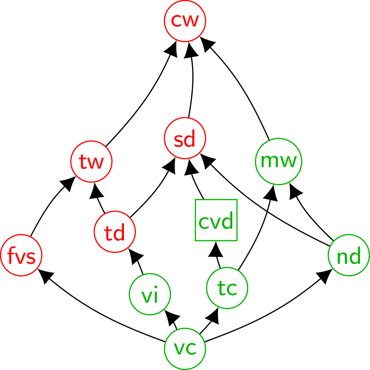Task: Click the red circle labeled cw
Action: (x=185, y=21)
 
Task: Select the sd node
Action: (x=185, y=138)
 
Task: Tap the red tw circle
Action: (x=92, y=162)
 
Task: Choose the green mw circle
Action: (x=278, y=162)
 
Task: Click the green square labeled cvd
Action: (x=216, y=220)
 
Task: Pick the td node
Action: (x=115, y=232)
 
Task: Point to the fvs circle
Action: (x=21, y=255)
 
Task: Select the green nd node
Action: (x=349, y=255)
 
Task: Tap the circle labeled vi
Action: (x=150, y=294)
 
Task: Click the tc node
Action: (x=227, y=288)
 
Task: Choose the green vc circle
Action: (x=185, y=349)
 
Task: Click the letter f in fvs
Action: (x=10, y=255)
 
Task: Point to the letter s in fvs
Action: (x=32, y=257)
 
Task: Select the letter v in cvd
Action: (x=215, y=222)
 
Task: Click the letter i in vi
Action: (x=156, y=295)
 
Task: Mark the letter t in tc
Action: (x=221, y=288)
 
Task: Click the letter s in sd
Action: (x=178, y=140)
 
